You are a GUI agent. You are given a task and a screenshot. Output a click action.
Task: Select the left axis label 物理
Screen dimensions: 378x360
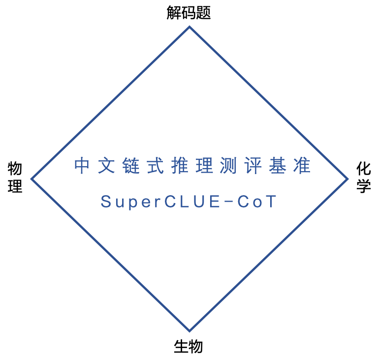(x=15, y=178)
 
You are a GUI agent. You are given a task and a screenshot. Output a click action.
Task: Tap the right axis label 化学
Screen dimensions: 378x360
(x=364, y=178)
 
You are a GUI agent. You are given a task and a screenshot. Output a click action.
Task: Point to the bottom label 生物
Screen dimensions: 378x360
(x=189, y=347)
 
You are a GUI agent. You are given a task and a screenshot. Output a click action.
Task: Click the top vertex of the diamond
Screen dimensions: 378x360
(x=189, y=27)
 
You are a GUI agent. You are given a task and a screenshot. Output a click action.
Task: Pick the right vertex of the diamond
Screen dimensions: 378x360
(x=347, y=179)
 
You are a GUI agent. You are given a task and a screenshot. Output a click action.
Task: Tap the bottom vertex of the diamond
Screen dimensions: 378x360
(x=189, y=331)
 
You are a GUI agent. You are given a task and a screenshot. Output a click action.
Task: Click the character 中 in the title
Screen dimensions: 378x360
(x=82, y=166)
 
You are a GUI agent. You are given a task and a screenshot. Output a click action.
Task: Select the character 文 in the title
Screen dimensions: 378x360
(x=107, y=166)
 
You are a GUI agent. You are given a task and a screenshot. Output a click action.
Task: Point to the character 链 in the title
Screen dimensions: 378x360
(x=132, y=166)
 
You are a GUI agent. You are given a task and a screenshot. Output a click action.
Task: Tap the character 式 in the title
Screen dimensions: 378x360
(x=157, y=166)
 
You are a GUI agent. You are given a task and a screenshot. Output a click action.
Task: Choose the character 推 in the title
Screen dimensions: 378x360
(x=182, y=166)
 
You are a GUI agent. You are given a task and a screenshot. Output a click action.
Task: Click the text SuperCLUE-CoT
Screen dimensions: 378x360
(x=189, y=202)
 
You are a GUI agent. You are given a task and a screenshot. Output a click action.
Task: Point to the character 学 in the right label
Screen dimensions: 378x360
(x=364, y=185)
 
